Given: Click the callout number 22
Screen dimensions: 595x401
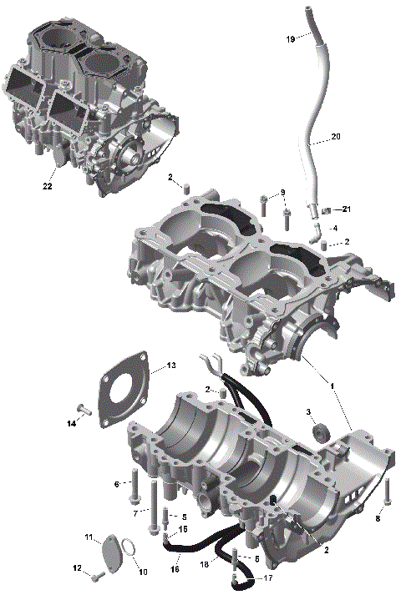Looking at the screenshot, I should point(48,187).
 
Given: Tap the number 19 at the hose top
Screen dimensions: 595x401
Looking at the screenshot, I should point(290,39).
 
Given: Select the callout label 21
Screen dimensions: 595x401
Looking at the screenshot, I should point(346,209).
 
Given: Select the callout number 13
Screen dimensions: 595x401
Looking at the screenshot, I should point(170,366).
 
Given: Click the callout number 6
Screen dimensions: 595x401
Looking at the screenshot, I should point(117,484).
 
